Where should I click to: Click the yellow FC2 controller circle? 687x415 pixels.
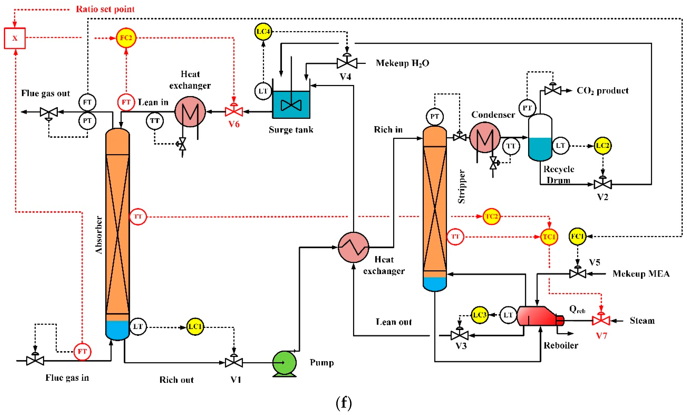(x=126, y=38)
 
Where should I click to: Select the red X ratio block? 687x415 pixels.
(x=15, y=38)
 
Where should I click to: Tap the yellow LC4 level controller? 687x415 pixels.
(x=263, y=32)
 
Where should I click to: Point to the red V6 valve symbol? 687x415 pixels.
(x=234, y=111)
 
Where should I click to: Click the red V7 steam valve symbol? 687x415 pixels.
(x=601, y=321)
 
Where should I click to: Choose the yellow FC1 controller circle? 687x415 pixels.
(x=577, y=237)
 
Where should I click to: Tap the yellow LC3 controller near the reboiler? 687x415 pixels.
(x=480, y=315)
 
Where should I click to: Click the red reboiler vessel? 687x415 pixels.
(x=537, y=316)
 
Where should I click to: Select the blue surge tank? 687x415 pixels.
(x=291, y=105)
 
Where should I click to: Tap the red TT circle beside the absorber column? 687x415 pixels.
(x=138, y=216)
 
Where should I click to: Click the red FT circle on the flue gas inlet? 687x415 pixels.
(x=82, y=351)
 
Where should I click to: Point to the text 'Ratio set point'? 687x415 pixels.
(x=105, y=9)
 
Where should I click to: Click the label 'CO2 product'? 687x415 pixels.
(x=602, y=91)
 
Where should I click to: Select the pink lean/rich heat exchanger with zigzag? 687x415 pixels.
(x=353, y=247)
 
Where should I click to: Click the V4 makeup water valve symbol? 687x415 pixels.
(x=347, y=63)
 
